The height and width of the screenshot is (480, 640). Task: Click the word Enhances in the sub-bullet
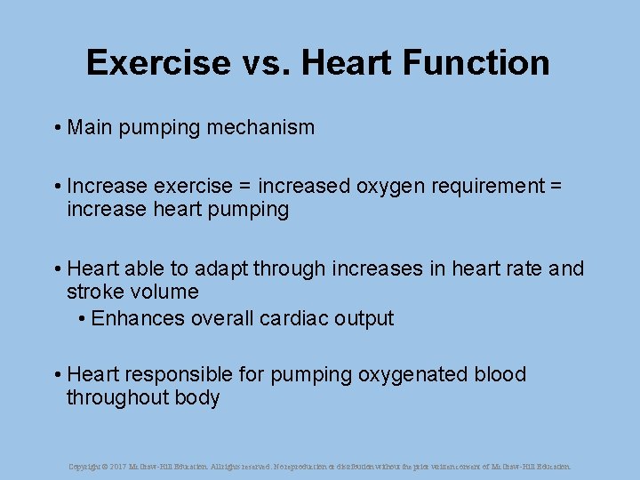click(138, 318)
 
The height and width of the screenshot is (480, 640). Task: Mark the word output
click(363, 318)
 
